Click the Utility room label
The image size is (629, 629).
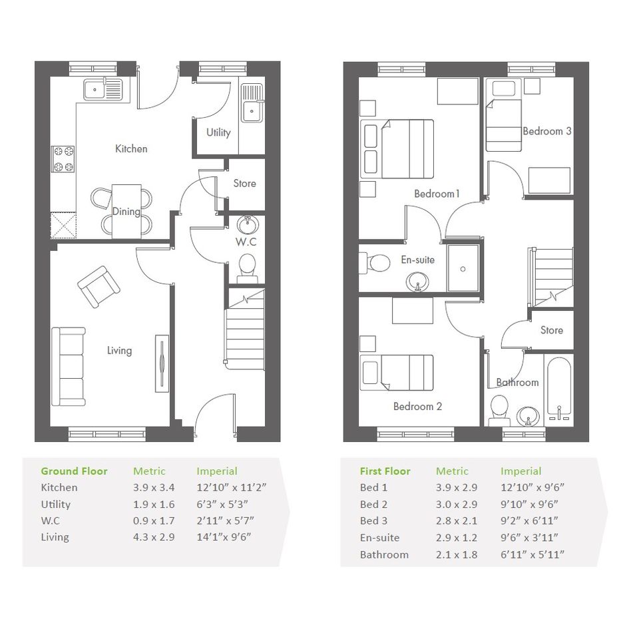218,132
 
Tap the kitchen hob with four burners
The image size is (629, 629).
63,159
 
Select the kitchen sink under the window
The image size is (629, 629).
103,89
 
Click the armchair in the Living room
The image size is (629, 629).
99,287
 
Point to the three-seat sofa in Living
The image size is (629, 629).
69,367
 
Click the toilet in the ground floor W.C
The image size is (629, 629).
247,268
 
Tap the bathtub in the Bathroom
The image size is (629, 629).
559,389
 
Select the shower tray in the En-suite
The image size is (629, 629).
463,268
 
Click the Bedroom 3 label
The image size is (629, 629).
546,131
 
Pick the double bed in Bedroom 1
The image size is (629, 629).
397,149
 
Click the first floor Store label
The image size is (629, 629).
552,330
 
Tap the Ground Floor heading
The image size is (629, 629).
74,471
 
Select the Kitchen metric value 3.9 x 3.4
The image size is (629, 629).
154,488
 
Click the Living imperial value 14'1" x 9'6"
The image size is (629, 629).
224,537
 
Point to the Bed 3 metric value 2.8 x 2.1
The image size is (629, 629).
457,521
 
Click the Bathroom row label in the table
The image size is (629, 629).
384,555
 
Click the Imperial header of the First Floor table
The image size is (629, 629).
521,471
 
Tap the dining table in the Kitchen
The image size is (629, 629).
126,212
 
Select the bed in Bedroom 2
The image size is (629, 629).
397,373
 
